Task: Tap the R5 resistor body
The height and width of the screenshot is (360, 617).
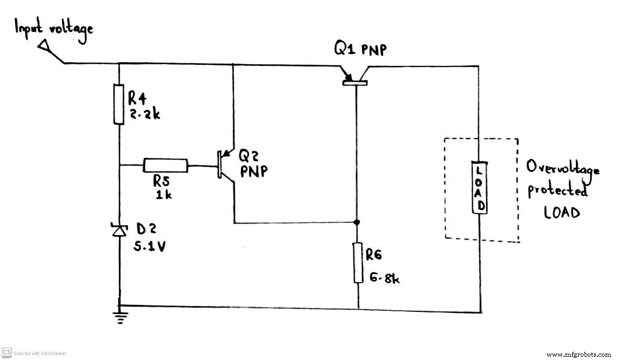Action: (x=166, y=165)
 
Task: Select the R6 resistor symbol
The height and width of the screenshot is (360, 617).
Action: (x=358, y=263)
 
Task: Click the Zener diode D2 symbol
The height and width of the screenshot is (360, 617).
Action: (x=119, y=231)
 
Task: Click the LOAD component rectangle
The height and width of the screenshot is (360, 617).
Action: (x=479, y=187)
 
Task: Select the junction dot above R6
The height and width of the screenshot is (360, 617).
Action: (x=357, y=222)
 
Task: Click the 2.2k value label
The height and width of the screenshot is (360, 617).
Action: (x=144, y=114)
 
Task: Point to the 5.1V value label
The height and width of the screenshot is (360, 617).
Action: (x=150, y=246)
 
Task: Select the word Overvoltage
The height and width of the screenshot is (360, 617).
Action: (x=563, y=168)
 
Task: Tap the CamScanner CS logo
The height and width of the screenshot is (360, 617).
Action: (x=7, y=352)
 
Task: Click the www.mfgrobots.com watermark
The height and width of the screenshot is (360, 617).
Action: (x=580, y=355)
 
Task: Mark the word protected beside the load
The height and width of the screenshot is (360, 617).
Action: (x=556, y=191)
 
